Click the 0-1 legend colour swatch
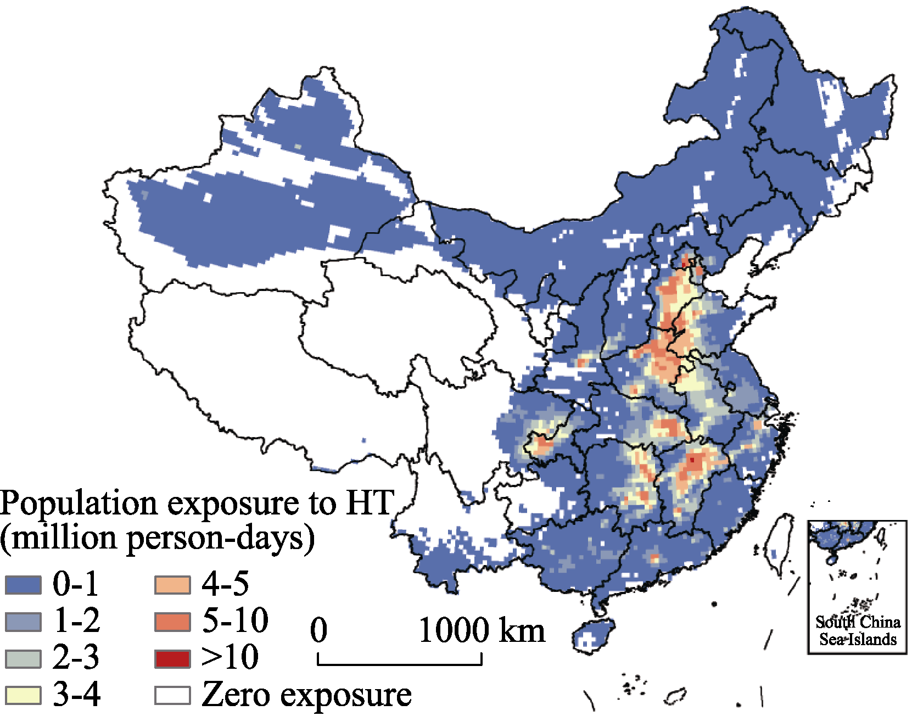(23, 585)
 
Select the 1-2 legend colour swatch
(23, 622)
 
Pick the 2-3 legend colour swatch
(23, 658)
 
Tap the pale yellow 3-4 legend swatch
(23, 695)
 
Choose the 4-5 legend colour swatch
(172, 585)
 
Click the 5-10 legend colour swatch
(172, 622)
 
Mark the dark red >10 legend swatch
(172, 658)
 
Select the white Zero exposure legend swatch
(172, 695)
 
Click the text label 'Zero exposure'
(306, 695)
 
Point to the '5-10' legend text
(235, 620)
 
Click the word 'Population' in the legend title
(79, 504)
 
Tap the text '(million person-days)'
(157, 538)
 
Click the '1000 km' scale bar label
(482, 630)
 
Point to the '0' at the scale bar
(319, 630)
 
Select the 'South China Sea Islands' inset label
(858, 630)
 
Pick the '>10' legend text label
(230, 657)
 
